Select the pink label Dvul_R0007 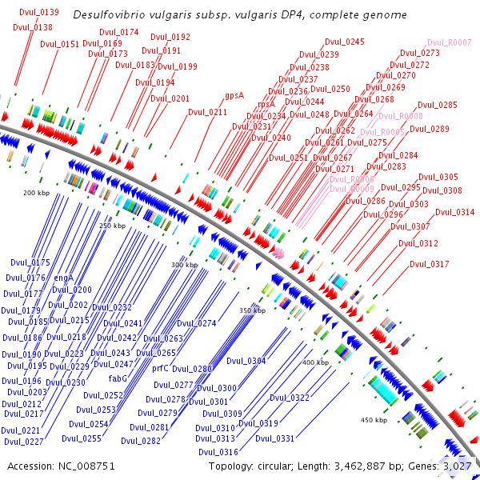[x=450, y=42]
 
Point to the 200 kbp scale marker [x=36, y=193]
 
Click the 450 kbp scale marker [x=374, y=420]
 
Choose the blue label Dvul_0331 [x=275, y=438]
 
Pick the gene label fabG [x=118, y=378]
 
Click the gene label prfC [x=160, y=369]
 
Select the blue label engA [x=64, y=278]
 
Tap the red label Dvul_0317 [x=430, y=264]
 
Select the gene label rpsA [x=266, y=104]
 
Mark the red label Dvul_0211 [x=208, y=112]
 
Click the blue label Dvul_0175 [x=30, y=262]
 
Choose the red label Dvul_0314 [x=455, y=212]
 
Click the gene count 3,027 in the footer [x=459, y=465]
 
